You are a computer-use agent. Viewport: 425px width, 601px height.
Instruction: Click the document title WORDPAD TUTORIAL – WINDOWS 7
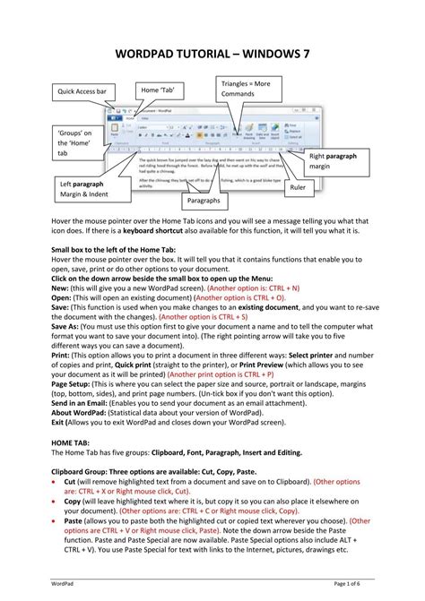click(212, 54)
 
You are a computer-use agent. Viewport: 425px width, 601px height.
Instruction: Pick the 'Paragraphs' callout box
click(209, 202)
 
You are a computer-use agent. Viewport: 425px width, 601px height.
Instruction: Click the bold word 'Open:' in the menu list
click(63, 298)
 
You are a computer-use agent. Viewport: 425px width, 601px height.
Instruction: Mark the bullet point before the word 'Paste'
click(55, 521)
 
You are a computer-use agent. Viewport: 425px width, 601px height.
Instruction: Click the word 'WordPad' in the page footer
click(64, 584)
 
